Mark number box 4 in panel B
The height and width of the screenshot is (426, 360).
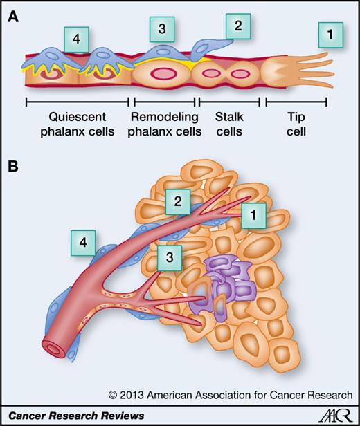pyautogui.click(x=82, y=243)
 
